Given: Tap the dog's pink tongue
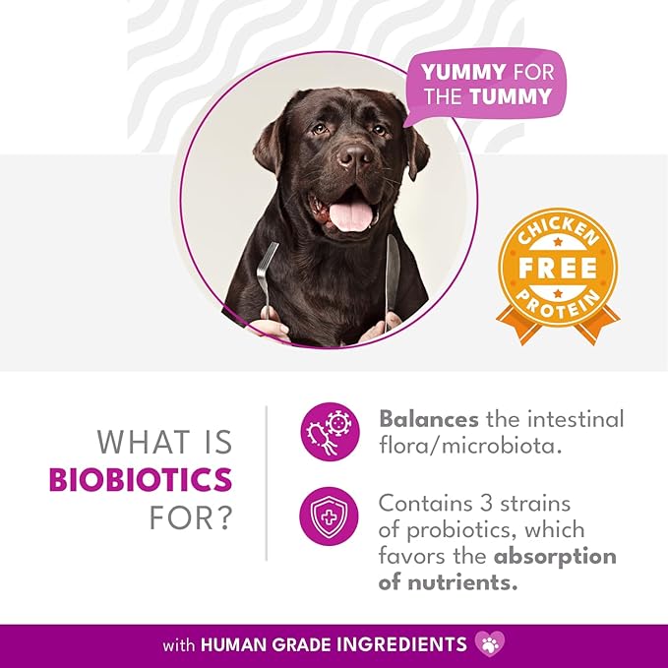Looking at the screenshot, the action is (x=350, y=216).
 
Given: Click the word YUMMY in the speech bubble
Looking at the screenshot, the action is (x=463, y=72).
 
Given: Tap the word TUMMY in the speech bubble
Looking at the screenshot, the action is (x=511, y=96).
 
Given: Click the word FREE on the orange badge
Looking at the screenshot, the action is (x=557, y=268).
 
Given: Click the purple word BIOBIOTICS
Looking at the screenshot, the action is (x=141, y=480).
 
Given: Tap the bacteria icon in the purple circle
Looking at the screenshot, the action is (x=330, y=432).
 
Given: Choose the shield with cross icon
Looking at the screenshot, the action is (x=329, y=516).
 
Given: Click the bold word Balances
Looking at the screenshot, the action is (x=429, y=419).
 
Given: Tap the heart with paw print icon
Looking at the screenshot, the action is (x=490, y=643).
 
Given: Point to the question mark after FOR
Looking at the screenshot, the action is (x=223, y=518).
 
